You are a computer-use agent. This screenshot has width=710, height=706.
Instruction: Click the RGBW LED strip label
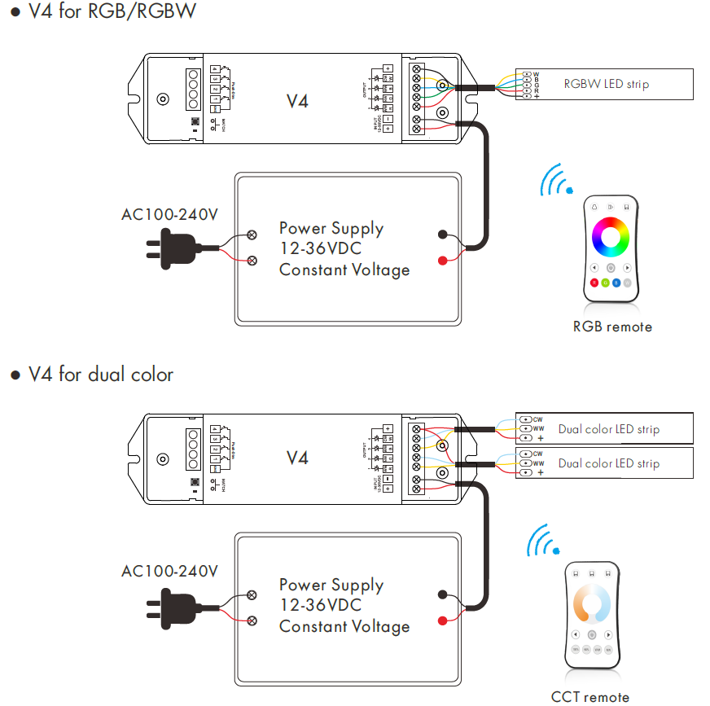606,84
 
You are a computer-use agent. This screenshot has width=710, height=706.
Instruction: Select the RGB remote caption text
612,327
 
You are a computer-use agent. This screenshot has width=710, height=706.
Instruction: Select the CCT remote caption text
590,696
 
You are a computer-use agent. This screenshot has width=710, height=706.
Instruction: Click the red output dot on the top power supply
442,261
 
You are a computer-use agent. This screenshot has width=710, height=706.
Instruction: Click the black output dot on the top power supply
442,235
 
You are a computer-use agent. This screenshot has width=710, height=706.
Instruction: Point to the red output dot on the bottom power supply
442,620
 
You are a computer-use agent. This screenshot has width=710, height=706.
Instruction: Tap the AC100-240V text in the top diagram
169,215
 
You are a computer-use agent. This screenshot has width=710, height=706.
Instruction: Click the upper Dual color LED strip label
608,429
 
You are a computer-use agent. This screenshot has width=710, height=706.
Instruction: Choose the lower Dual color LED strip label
608,463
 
